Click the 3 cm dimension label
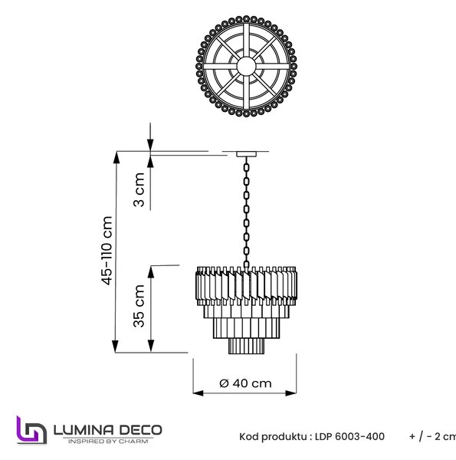pos(139,189)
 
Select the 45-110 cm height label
pos(107,251)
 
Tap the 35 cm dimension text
pos(139,306)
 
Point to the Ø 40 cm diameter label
pos(245,383)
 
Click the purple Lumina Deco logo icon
pos(31,430)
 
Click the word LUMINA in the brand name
pos(84,430)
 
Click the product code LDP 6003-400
pos(349,437)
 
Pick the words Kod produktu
pos(274,437)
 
